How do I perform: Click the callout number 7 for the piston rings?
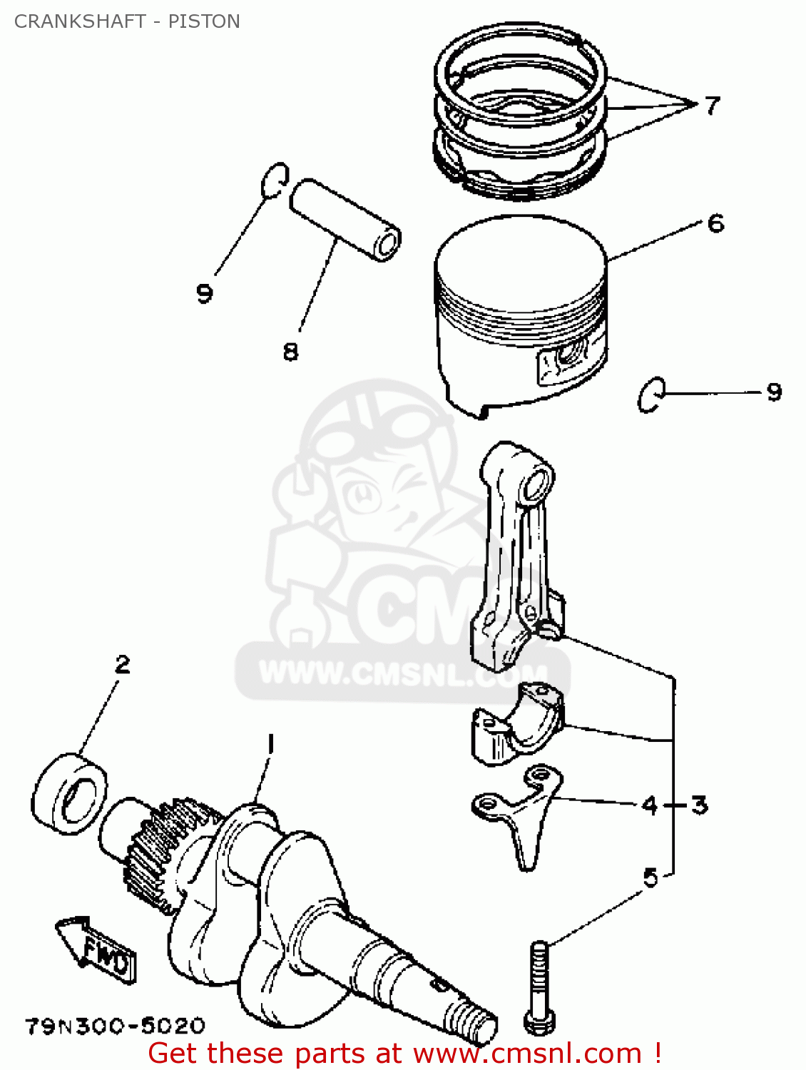712,106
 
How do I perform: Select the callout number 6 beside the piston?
715,223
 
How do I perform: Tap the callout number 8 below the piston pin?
290,351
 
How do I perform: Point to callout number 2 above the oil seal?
123,665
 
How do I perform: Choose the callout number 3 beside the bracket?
700,805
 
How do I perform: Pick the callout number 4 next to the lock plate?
649,805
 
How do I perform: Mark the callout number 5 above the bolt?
651,877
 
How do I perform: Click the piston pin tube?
345,219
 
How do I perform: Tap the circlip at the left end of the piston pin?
274,178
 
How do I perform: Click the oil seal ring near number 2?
70,790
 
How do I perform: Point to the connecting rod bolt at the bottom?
539,988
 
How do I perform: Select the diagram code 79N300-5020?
116,1026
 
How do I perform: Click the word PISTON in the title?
204,21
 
